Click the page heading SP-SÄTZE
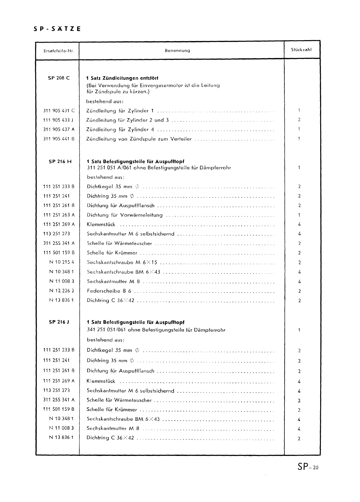57,29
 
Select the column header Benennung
177,50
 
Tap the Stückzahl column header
301,50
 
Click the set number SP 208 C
59,78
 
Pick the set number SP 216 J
59,322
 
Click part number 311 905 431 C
59,110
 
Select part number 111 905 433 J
59,120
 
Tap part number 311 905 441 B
59,139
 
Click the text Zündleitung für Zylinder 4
120,129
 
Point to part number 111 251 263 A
59,215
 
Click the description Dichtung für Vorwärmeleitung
125,215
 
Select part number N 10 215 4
62,262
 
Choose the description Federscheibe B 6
109,291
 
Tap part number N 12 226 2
62,291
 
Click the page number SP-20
307,467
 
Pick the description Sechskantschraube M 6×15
122,262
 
